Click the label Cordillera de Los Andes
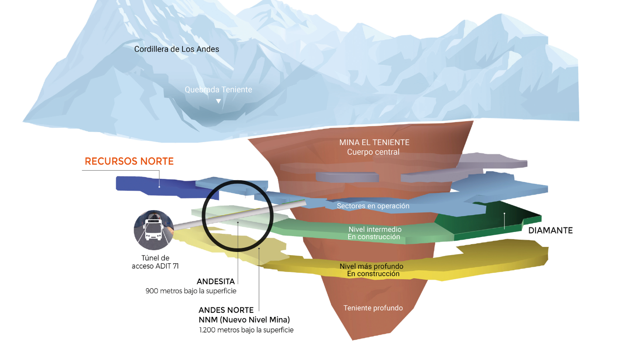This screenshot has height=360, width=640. pyautogui.click(x=177, y=49)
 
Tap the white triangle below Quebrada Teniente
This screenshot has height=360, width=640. pyautogui.click(x=218, y=101)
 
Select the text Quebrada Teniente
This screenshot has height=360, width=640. pyautogui.click(x=218, y=90)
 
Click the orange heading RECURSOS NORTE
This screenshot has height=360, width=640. pyautogui.click(x=129, y=162)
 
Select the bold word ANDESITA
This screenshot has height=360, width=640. pyautogui.click(x=216, y=281)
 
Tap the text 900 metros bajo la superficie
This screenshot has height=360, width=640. pyautogui.click(x=191, y=291)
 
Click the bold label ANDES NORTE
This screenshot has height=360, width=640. pyautogui.click(x=226, y=311)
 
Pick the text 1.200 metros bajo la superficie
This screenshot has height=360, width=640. pyautogui.click(x=246, y=330)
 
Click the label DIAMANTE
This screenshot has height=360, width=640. pyautogui.click(x=550, y=231)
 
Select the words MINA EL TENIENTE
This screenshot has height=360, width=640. pyautogui.click(x=374, y=143)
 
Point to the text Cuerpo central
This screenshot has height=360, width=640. pyautogui.click(x=373, y=152)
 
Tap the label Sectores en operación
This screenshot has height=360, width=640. pyautogui.click(x=373, y=206)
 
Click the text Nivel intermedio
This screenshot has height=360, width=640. pyautogui.click(x=374, y=229)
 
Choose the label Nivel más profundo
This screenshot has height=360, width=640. pyautogui.click(x=371, y=266)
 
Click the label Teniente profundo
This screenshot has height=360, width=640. pyautogui.click(x=373, y=308)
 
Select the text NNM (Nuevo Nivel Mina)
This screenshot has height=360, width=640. pyautogui.click(x=244, y=320)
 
